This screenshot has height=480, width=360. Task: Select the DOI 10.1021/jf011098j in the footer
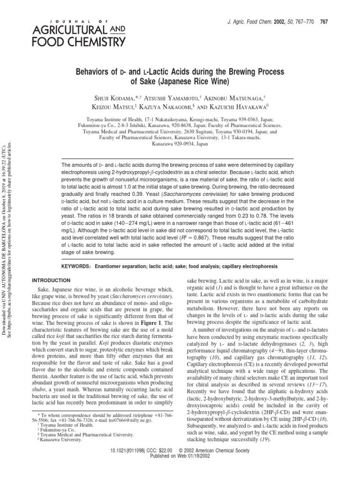[x=126, y=463]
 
